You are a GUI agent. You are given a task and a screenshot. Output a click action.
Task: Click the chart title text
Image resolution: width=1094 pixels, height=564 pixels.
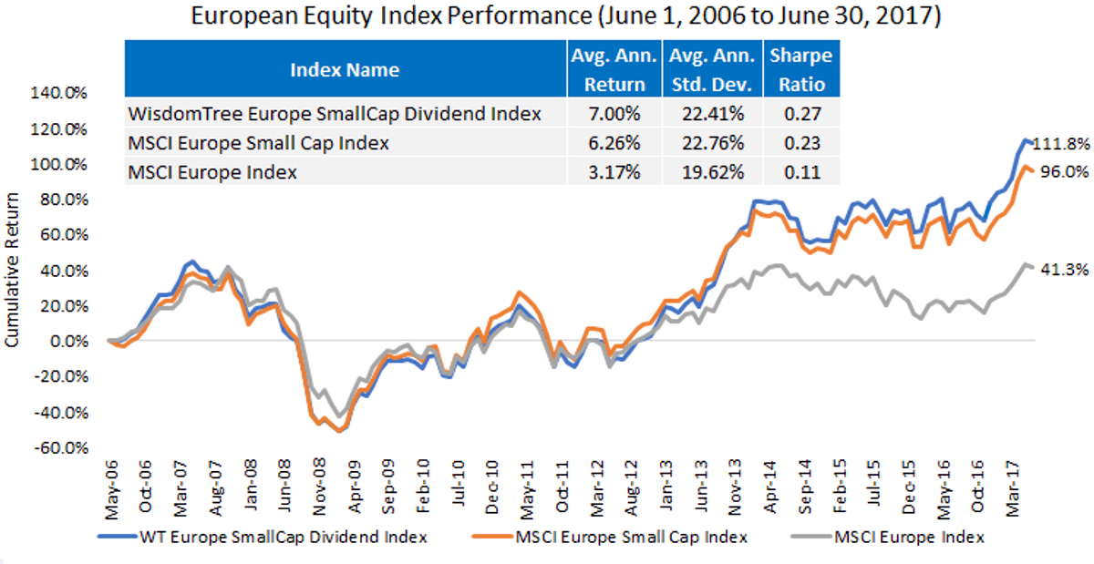(565, 16)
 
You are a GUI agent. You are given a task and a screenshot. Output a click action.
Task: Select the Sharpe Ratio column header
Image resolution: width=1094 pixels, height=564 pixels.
(801, 70)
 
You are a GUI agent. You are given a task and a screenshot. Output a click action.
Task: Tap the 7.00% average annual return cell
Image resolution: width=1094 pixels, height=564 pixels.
(614, 114)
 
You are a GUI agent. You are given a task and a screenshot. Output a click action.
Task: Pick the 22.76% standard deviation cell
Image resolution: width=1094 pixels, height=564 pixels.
(713, 143)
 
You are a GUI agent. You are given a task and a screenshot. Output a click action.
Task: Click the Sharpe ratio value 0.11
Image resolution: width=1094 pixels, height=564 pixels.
(802, 172)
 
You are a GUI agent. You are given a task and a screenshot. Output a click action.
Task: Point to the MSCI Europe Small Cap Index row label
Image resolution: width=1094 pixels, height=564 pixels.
(258, 143)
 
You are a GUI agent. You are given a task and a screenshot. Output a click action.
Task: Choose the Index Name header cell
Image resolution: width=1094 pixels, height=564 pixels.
(345, 70)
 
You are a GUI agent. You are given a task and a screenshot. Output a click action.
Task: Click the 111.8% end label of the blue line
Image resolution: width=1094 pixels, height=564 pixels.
(1060, 144)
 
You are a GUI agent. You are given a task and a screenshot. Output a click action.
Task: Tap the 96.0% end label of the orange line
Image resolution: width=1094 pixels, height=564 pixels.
(1064, 172)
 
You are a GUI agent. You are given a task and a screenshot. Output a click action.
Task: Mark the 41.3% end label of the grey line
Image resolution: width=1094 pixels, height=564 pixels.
(1064, 270)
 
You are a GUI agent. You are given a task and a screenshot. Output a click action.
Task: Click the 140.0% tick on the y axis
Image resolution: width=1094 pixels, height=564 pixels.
(58, 93)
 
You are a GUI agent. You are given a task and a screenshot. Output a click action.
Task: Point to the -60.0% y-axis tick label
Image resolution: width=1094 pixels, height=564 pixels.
(61, 448)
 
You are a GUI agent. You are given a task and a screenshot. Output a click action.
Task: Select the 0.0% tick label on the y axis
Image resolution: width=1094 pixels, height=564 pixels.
(69, 342)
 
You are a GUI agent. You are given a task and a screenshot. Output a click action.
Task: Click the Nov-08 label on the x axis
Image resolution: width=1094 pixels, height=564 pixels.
(319, 487)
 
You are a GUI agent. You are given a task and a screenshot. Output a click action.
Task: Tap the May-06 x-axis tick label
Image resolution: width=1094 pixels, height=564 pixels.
(112, 489)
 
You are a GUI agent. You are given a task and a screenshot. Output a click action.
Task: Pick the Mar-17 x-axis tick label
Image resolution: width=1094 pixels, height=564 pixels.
(1013, 488)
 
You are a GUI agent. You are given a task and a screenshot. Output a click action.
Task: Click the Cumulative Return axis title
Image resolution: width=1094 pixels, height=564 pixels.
(12, 270)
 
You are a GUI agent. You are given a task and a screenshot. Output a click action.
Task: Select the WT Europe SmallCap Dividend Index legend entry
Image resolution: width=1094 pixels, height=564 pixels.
(263, 538)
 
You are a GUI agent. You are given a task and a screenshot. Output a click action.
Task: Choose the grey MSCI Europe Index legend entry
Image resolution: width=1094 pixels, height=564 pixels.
(887, 538)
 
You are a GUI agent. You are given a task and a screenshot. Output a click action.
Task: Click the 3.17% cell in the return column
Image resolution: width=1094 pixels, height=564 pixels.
(614, 172)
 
